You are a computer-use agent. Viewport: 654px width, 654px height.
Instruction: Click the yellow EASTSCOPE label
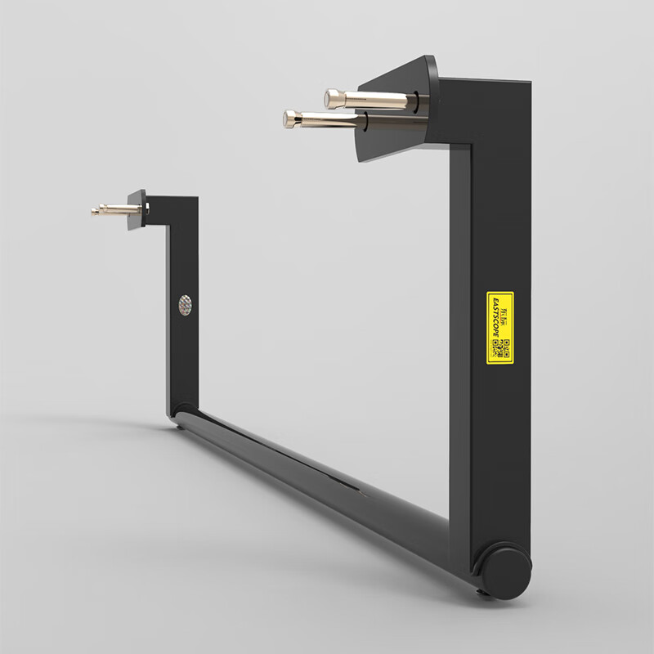499,327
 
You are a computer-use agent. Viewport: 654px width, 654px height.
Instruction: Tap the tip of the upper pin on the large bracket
332,98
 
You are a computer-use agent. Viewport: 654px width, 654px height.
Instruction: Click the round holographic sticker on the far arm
186,305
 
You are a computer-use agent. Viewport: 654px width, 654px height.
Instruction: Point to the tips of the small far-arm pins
96,211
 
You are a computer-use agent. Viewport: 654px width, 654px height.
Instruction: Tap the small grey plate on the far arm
137,210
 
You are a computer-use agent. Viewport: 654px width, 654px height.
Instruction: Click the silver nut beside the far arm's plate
147,210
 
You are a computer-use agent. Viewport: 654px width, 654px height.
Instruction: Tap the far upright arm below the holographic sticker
181,360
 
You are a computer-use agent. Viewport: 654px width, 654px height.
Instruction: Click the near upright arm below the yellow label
497,458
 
